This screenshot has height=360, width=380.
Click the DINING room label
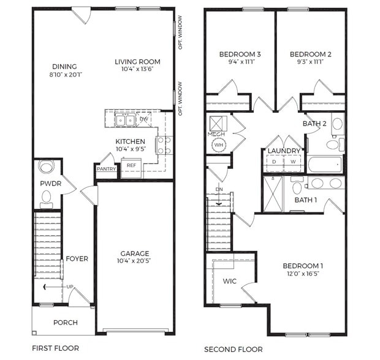coord(64,67)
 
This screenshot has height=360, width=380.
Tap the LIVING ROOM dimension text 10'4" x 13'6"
coord(137,70)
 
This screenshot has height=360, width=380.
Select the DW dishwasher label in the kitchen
coord(143,119)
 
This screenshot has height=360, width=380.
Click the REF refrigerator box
coord(131,165)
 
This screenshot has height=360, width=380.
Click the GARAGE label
coord(135,253)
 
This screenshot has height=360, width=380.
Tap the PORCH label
coord(66,323)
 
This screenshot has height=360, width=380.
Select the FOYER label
coord(77,259)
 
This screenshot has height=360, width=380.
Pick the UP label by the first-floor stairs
coord(70,286)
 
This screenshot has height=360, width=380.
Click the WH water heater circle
coord(219,145)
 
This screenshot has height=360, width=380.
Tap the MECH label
coord(216,133)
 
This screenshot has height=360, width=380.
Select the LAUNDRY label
coord(284,151)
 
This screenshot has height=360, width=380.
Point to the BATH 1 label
coord(305,200)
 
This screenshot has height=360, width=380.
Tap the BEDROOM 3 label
coord(240,54)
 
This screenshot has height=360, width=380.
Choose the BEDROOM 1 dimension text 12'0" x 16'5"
coord(303,274)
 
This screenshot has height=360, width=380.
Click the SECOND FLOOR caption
coord(234,349)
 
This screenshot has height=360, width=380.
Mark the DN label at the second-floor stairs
coord(219,189)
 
